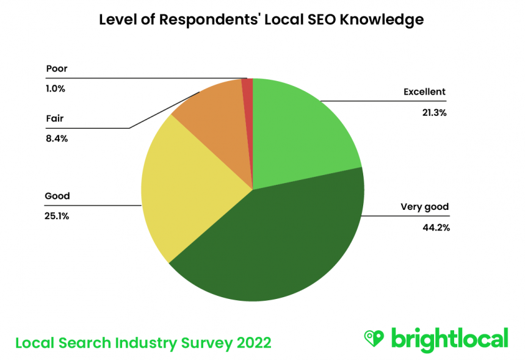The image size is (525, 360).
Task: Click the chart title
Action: tap(261, 20)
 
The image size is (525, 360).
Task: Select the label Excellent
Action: tap(424, 92)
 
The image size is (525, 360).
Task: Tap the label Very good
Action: tap(424, 207)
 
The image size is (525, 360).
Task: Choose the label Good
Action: tap(57, 196)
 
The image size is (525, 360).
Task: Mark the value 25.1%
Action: tap(57, 216)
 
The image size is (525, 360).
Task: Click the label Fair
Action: tap(54, 119)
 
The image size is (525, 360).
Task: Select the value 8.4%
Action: tap(56, 139)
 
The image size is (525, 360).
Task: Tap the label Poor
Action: tap(57, 69)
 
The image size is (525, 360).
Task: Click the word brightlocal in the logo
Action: tap(449, 338)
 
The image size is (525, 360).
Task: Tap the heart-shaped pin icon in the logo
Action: tap(373, 337)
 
